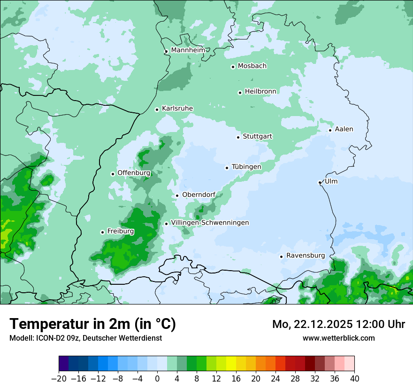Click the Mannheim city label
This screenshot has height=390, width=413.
coord(188,50)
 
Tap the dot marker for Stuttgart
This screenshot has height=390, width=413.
coord(238,137)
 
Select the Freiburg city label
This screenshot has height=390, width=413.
coord(120,231)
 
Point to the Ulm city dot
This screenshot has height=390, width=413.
coord(320,182)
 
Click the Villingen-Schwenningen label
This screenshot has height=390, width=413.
coord(210,223)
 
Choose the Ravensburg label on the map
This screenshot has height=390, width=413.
coord(305,256)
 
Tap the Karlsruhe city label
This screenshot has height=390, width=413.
coord(177,109)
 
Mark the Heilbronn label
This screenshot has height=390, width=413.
coord(260,91)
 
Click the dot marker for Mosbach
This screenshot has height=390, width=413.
coord(233,67)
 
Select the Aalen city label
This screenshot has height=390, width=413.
coord(344,129)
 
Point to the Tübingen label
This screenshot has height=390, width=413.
coord(246,167)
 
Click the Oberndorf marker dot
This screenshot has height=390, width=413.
coord(177,195)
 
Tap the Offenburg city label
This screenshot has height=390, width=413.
coord(134,173)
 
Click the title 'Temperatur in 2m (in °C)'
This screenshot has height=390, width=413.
coord(92,324)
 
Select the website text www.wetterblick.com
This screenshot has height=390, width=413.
coord(338,338)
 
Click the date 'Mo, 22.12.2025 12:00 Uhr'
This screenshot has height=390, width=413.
coord(338,324)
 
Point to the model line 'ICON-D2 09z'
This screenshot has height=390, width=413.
coord(85,338)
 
